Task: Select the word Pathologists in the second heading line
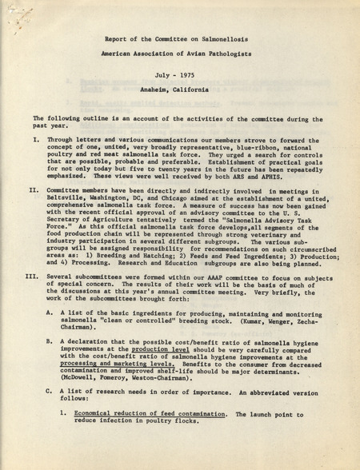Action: [237, 52]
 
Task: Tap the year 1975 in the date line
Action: [190, 74]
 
